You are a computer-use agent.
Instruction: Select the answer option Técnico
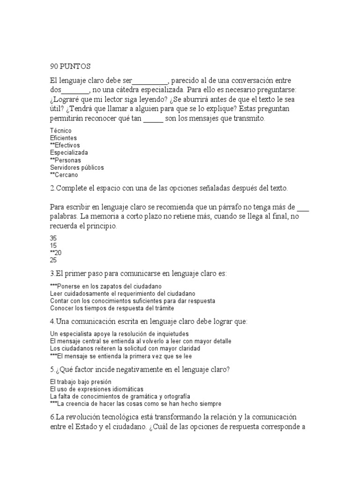click(x=60, y=130)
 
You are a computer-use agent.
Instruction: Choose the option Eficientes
click(x=63, y=138)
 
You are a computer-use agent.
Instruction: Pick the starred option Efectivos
click(x=65, y=145)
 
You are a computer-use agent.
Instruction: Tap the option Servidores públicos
click(x=77, y=167)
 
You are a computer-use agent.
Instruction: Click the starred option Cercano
click(x=64, y=175)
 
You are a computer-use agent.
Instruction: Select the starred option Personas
click(x=65, y=160)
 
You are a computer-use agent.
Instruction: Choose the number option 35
click(x=53, y=238)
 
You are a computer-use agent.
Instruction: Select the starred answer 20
click(x=55, y=253)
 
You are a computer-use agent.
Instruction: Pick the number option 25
click(x=53, y=260)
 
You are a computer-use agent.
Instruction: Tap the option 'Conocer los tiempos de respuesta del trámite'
click(x=112, y=308)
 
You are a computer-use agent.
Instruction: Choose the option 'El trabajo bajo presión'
click(x=82, y=382)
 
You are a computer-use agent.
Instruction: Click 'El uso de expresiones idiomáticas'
click(x=97, y=389)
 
